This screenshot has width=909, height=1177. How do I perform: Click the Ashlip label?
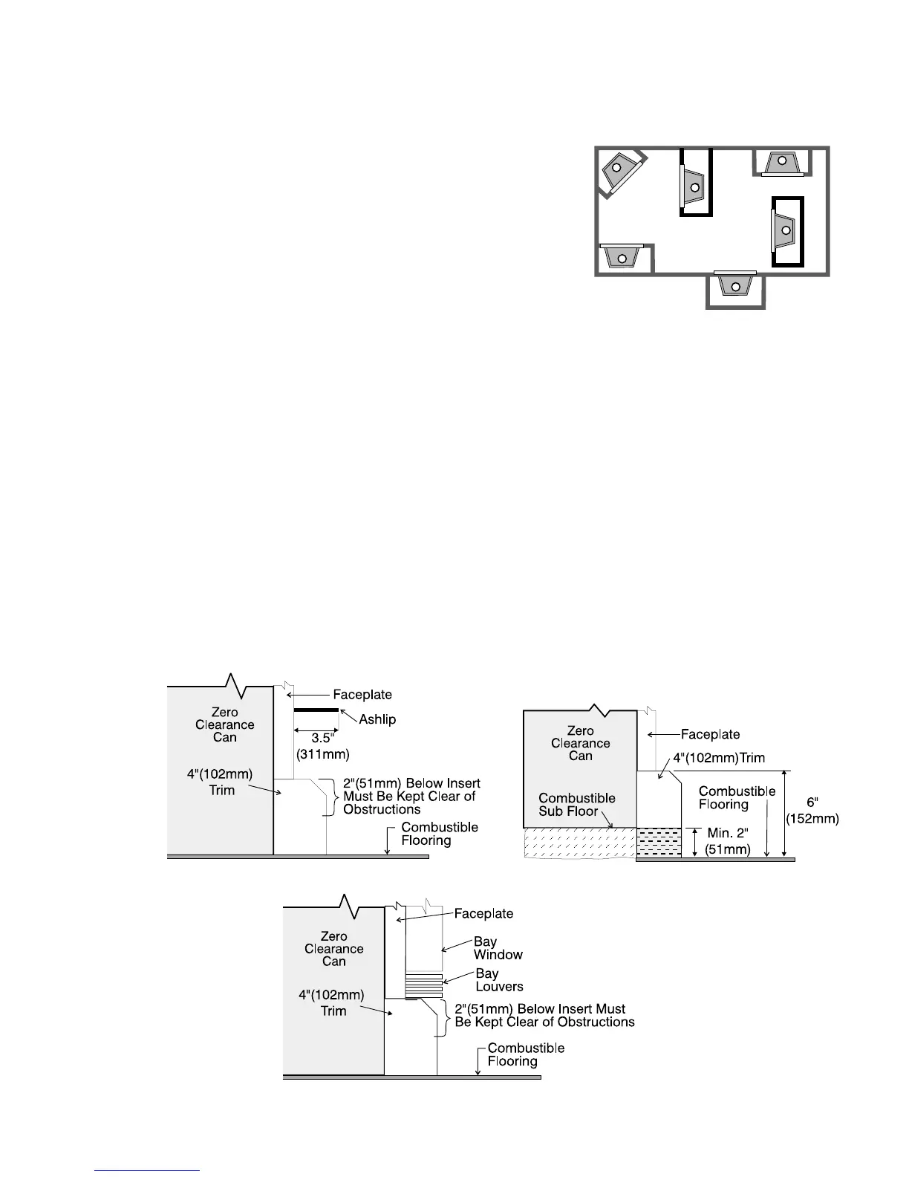[x=377, y=719]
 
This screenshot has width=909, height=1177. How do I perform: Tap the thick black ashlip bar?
[x=316, y=710]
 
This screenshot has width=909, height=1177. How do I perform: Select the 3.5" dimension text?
[x=322, y=739]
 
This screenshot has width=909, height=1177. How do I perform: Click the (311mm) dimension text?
[x=322, y=754]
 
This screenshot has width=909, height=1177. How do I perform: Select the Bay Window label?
[x=498, y=948]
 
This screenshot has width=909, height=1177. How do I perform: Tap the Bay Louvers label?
[x=499, y=980]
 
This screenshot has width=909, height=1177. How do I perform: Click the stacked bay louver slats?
[x=423, y=985]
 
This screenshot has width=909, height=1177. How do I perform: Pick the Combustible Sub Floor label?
[x=576, y=805]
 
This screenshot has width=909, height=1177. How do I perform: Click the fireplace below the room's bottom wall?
[x=734, y=285]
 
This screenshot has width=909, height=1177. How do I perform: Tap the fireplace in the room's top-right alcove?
[x=781, y=162]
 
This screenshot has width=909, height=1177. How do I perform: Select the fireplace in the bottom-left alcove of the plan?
[x=622, y=256]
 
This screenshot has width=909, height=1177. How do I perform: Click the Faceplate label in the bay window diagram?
[x=483, y=913]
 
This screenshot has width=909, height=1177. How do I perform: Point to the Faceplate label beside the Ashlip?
[x=362, y=695]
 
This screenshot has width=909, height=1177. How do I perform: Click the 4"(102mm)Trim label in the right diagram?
[x=719, y=758]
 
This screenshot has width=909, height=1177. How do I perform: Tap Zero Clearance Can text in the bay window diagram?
[x=333, y=949]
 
